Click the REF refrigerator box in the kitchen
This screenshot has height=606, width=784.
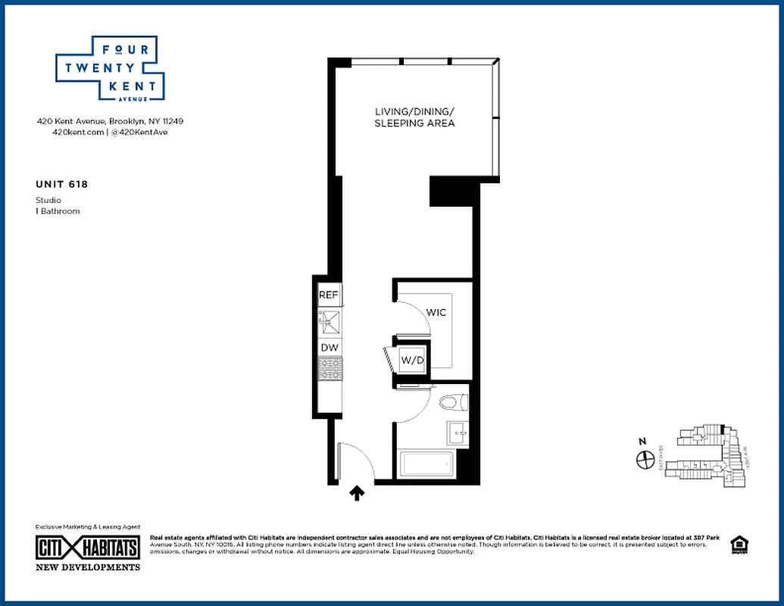pyautogui.click(x=328, y=295)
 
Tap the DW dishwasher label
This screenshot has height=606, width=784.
pyautogui.click(x=329, y=348)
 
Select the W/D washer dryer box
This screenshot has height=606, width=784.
pyautogui.click(x=411, y=360)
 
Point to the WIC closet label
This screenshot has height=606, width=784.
pyautogui.click(x=436, y=312)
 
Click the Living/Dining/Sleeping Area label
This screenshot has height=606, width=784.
pyautogui.click(x=414, y=117)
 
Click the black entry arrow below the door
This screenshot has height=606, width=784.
pyautogui.click(x=357, y=494)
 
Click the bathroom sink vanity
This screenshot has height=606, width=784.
pyautogui.click(x=458, y=433)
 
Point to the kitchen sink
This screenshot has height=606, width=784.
pyautogui.click(x=330, y=321)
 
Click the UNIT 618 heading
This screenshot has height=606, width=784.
pyautogui.click(x=56, y=183)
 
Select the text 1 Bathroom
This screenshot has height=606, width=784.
pyautogui.click(x=58, y=211)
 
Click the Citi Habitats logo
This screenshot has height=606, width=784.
pyautogui.click(x=88, y=548)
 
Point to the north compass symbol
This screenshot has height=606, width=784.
pyautogui.click(x=645, y=459)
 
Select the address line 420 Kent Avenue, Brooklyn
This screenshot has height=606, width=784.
pyautogui.click(x=111, y=120)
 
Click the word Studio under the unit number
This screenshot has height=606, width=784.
pyautogui.click(x=48, y=200)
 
